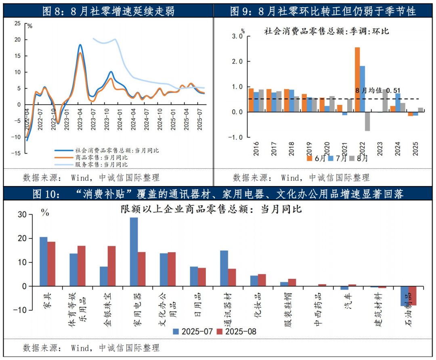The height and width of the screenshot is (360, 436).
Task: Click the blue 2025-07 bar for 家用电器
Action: click(x=134, y=252)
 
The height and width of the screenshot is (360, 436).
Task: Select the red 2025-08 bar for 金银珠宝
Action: click(x=111, y=266)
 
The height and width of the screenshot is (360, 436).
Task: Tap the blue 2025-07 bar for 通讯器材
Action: click(x=224, y=268)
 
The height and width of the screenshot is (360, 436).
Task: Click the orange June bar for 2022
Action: click(x=357, y=80)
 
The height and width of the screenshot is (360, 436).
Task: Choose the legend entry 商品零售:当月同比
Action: click(x=101, y=157)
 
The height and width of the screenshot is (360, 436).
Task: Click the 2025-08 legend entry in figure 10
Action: click(x=236, y=331)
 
